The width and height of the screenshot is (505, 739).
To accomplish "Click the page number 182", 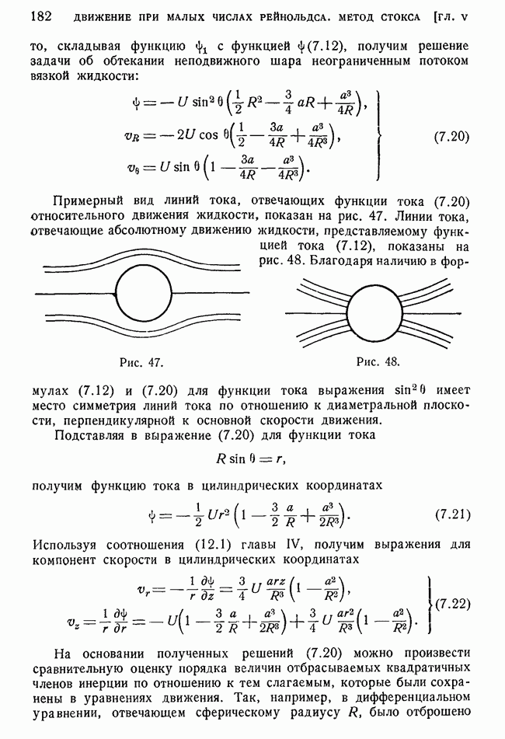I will (40, 16).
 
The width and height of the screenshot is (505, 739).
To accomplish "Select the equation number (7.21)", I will (450, 516).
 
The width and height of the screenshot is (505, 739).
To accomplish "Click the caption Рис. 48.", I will (378, 361).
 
